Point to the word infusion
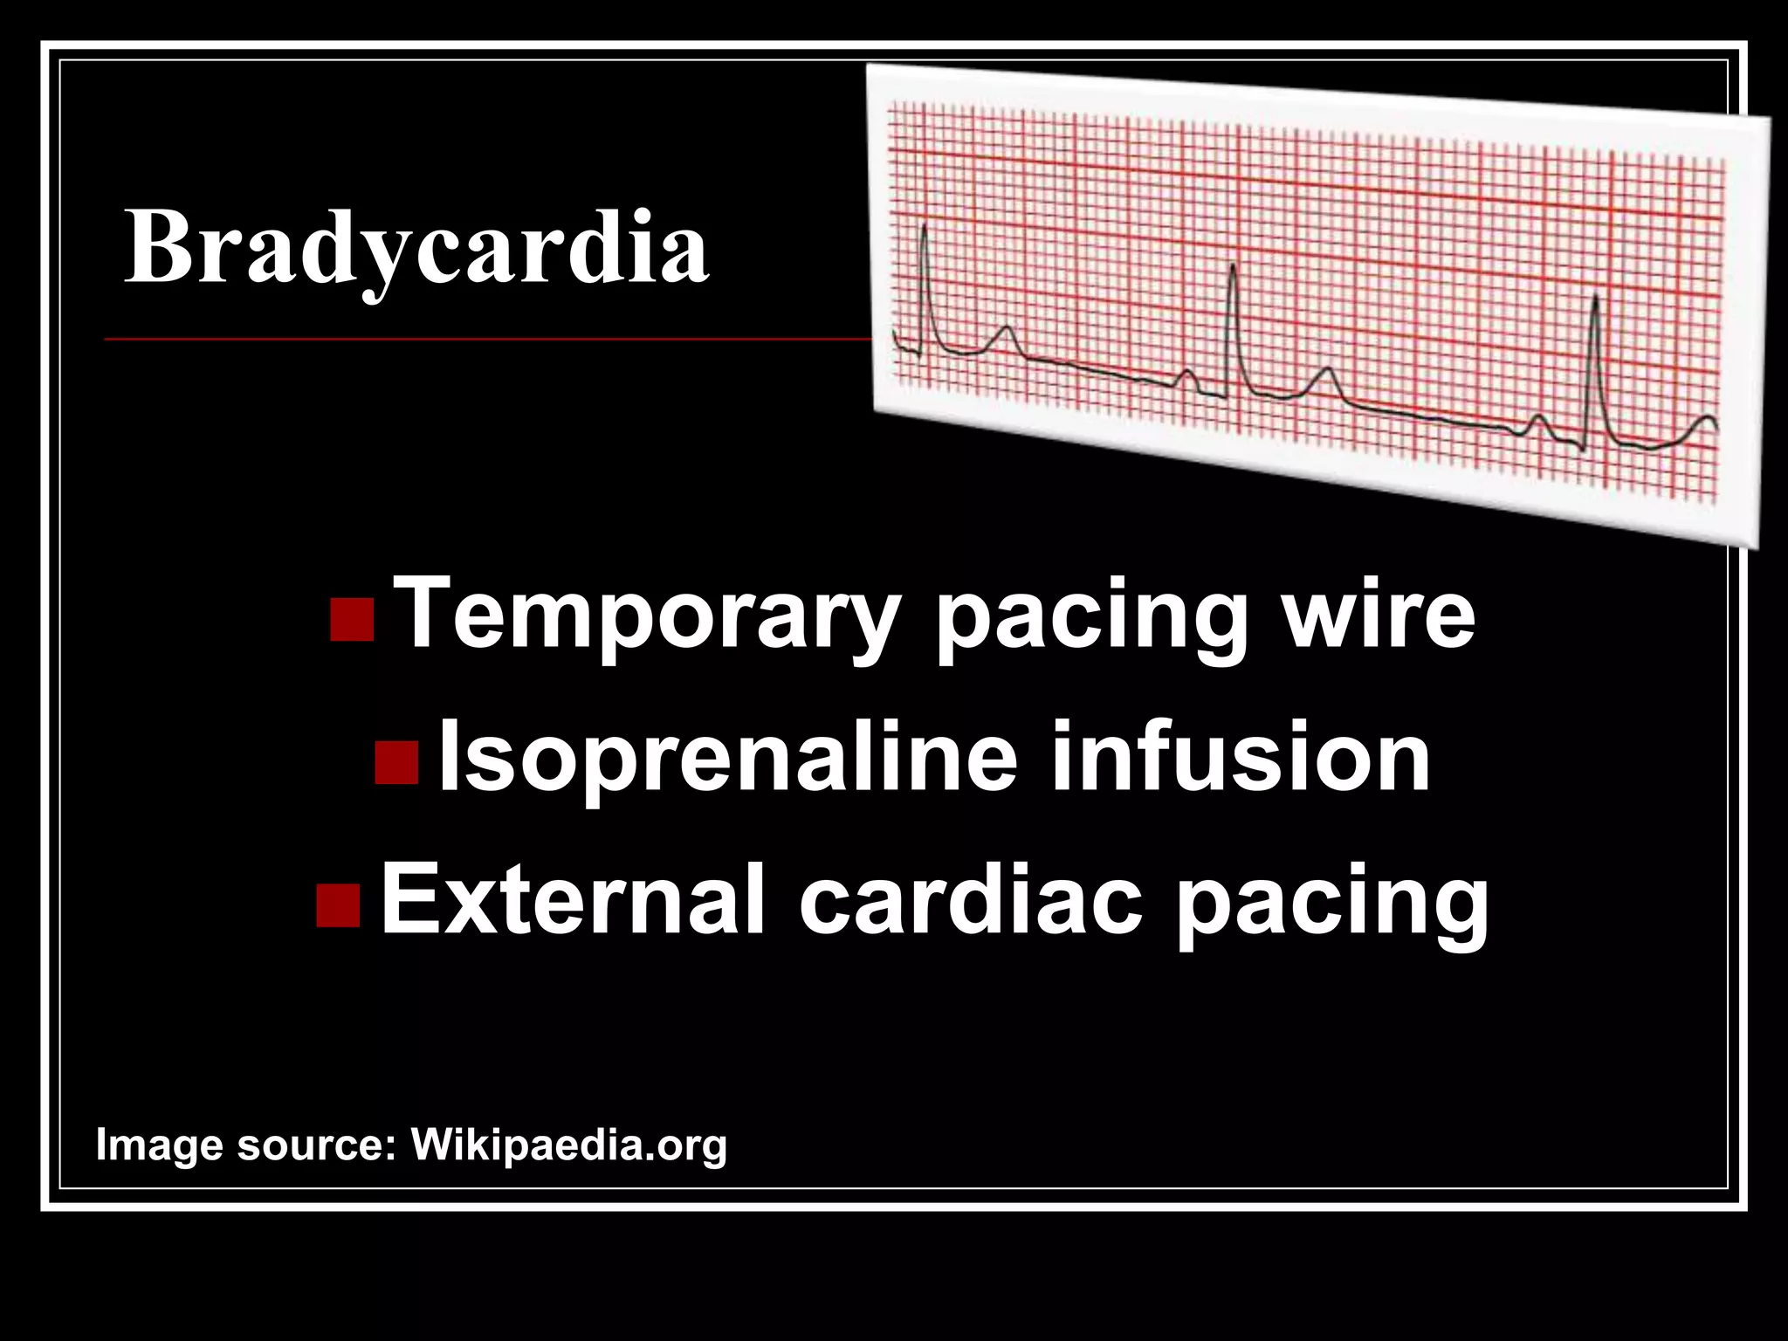click(x=1241, y=758)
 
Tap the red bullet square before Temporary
click(x=353, y=620)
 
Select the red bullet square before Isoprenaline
click(x=396, y=762)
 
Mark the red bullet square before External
click(x=338, y=905)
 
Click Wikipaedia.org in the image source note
click(x=569, y=1145)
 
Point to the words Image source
click(x=245, y=1145)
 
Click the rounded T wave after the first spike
click(x=1007, y=333)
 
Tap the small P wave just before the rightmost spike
click(x=1539, y=420)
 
